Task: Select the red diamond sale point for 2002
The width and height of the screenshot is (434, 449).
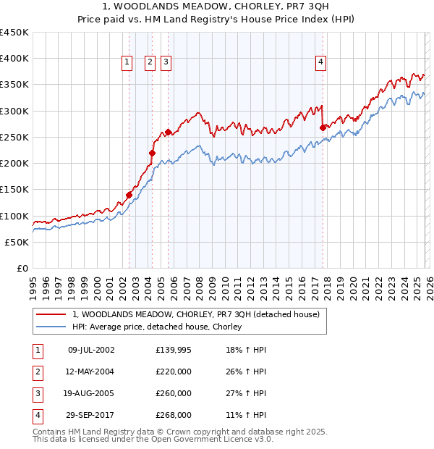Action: click(x=129, y=195)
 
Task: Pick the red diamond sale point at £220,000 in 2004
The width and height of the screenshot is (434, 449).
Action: click(x=153, y=153)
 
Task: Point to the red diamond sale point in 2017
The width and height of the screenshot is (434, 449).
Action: click(x=323, y=127)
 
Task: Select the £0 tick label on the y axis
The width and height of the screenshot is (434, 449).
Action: click(x=21, y=268)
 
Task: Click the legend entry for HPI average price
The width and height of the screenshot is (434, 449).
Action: click(x=156, y=327)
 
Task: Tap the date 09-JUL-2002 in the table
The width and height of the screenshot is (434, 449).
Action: click(x=90, y=350)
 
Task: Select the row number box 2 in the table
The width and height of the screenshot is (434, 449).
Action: click(x=36, y=372)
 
